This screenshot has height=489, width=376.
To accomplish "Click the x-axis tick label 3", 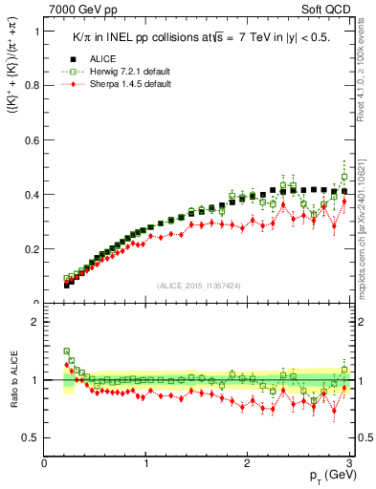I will pos(348,463).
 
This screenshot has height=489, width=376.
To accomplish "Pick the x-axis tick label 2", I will pos(247,463).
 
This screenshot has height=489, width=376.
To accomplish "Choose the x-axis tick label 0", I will pos(45,463).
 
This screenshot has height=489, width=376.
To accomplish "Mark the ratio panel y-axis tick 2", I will pos(34,322).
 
